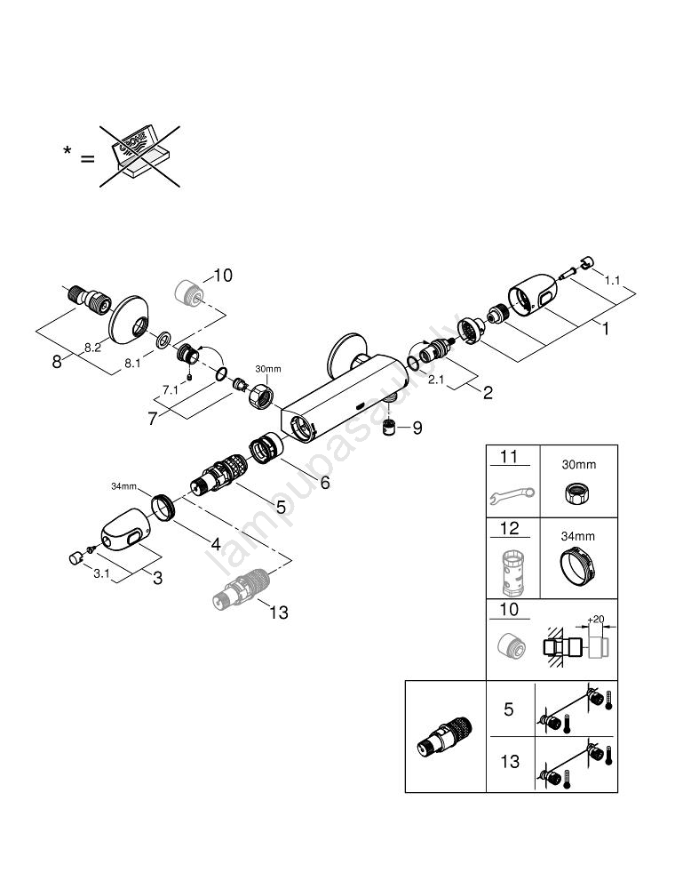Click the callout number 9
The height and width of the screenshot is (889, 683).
pyautogui.click(x=417, y=428)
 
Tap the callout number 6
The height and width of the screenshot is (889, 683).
pyautogui.click(x=324, y=482)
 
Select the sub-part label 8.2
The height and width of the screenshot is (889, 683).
pyautogui.click(x=91, y=348)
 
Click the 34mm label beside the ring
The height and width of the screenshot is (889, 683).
pyautogui.click(x=123, y=486)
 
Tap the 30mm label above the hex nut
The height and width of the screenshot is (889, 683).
pyautogui.click(x=267, y=369)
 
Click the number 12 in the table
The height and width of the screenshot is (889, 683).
pyautogui.click(x=509, y=529)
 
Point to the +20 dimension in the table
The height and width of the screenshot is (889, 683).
pyautogui.click(x=597, y=621)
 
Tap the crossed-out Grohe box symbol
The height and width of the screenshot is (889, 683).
pyautogui.click(x=138, y=156)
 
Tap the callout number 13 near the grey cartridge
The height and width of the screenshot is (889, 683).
pyautogui.click(x=278, y=613)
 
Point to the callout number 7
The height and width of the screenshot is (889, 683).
pyautogui.click(x=153, y=419)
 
